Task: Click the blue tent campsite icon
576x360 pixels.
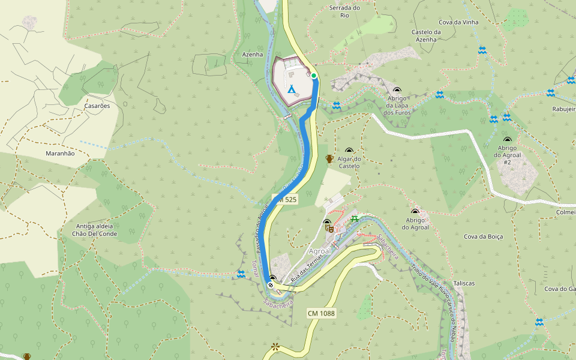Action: click(292, 90)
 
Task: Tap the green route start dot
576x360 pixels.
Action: click(314, 75)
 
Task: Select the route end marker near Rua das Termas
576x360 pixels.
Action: click(271, 286)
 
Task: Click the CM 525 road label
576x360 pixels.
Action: click(285, 199)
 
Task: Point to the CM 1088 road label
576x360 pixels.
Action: click(321, 313)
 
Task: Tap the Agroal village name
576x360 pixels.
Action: click(319, 251)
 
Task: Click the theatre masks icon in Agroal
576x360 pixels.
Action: click(328, 227)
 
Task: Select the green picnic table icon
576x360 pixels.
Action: click(355, 218)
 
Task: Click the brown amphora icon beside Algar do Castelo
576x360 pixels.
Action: click(329, 158)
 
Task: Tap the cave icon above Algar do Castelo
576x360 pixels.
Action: click(349, 151)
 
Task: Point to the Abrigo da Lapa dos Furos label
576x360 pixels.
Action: click(397, 105)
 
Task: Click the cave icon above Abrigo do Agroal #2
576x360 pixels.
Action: click(506, 140)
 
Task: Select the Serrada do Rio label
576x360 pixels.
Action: click(344, 11)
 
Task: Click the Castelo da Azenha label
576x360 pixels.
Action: click(427, 35)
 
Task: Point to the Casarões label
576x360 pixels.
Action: click(97, 106)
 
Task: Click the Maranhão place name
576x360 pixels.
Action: click(60, 154)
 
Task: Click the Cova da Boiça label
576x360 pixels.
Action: click(483, 236)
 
